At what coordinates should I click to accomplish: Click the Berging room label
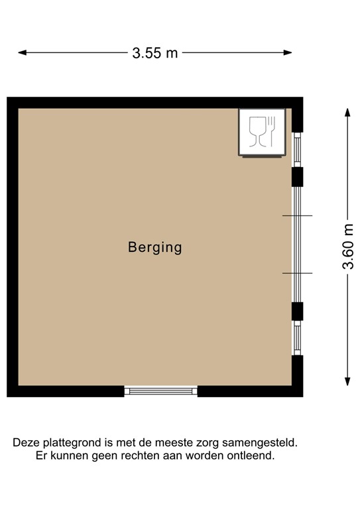[154, 248]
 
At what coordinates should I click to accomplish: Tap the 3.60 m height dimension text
[348, 247]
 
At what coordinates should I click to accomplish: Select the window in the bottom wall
[161, 391]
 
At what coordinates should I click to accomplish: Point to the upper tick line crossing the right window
[297, 216]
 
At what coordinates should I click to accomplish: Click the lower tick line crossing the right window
[297, 273]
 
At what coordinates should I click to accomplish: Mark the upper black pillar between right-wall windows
[298, 177]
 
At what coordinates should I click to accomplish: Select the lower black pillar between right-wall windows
[298, 311]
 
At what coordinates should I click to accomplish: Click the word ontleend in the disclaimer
[252, 455]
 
